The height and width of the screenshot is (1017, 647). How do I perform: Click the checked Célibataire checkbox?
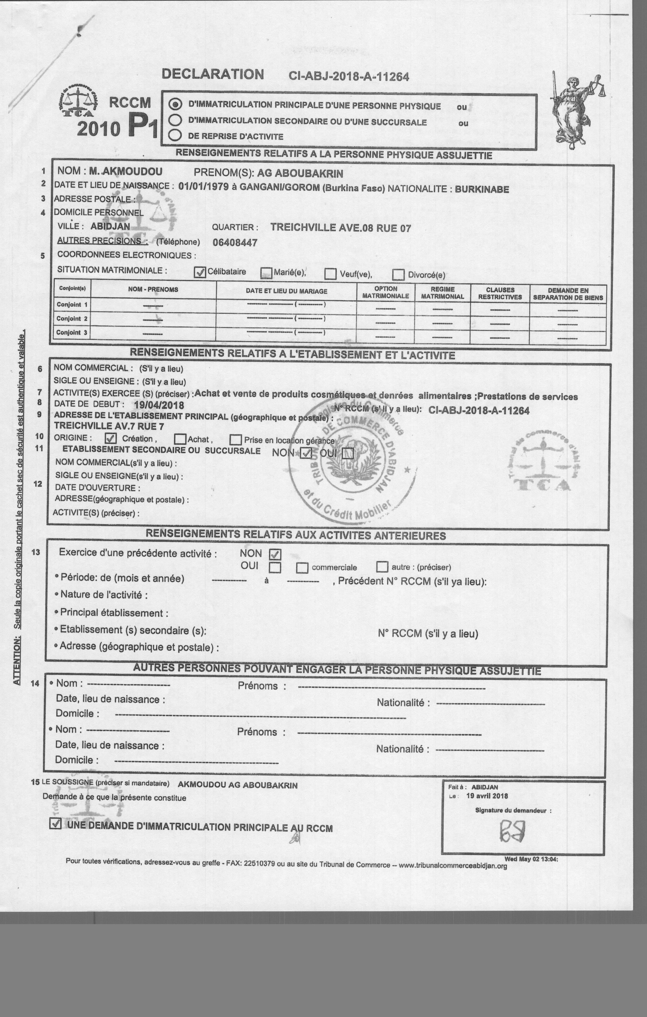pos(200,272)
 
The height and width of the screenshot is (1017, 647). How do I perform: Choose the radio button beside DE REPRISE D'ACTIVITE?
pos(175,135)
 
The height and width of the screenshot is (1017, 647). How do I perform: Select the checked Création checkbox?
pos(111,438)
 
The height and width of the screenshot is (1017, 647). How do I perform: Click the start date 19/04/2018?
pos(159,405)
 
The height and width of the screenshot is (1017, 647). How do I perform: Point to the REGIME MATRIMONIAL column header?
pos(442,293)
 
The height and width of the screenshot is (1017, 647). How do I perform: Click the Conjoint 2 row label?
pos(72,318)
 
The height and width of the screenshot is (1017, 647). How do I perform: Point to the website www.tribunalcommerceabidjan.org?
pos(452,865)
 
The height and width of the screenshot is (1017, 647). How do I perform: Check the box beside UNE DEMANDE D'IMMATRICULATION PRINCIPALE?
pos(55,824)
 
